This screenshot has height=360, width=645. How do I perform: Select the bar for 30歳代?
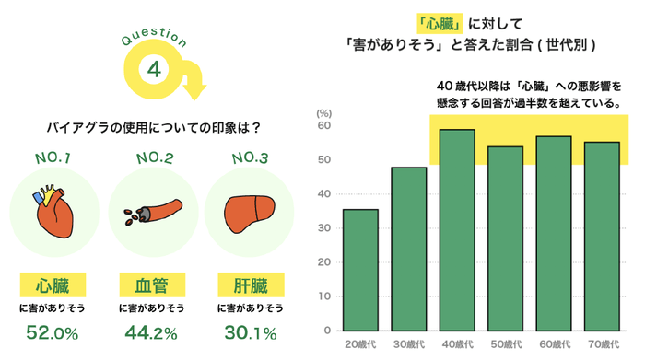click(409, 249)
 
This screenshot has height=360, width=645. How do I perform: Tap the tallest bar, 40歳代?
click(457, 229)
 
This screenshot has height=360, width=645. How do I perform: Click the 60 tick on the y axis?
click(324, 126)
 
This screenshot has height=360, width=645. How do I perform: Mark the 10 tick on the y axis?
click(324, 296)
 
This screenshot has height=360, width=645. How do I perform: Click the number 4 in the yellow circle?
click(155, 71)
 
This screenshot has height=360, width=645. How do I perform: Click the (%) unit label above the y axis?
click(323, 112)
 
